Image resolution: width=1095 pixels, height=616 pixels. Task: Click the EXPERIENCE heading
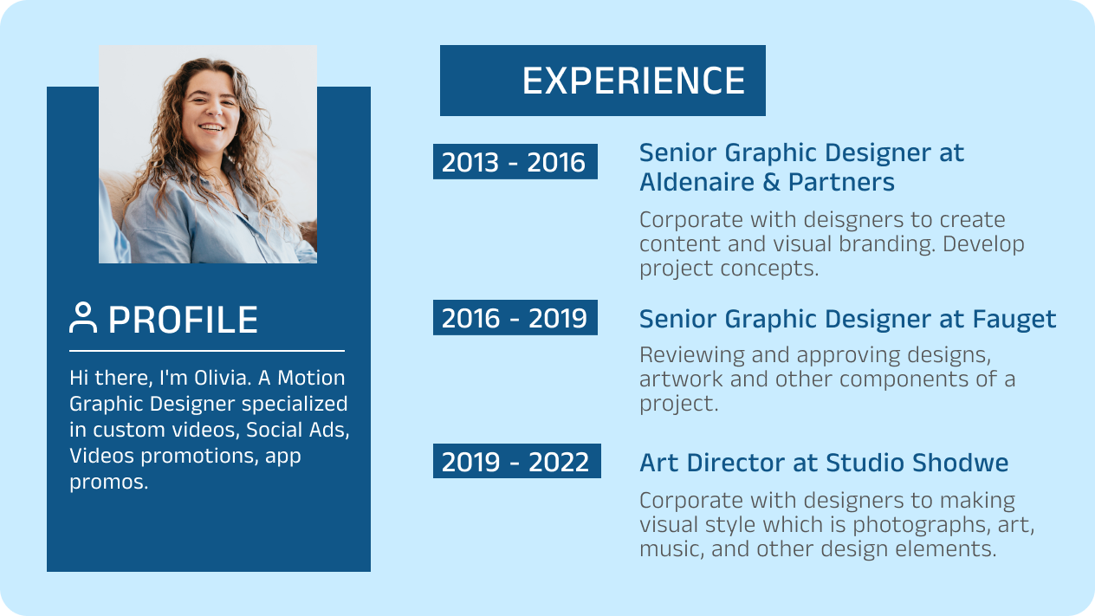click(633, 81)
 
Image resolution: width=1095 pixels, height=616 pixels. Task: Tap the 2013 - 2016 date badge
click(515, 162)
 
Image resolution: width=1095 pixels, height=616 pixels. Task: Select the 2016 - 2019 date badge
click(515, 318)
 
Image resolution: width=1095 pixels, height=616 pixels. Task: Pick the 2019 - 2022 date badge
click(515, 461)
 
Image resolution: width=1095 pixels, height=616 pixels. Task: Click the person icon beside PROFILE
click(83, 318)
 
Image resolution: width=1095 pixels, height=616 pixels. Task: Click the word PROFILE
click(183, 320)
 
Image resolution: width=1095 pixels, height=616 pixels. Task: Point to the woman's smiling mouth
click(211, 126)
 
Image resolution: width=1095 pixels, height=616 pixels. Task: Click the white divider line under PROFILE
click(206, 351)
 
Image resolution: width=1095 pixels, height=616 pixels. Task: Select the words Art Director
click(712, 463)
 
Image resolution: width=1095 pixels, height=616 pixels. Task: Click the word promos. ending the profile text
click(108, 482)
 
